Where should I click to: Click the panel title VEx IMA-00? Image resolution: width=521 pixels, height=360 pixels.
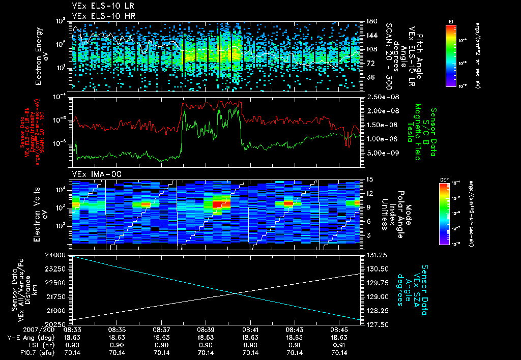tap(92, 174)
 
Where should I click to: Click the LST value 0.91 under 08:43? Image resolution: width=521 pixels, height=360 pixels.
tap(295, 345)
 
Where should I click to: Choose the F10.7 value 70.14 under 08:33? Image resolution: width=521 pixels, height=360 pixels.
tap(72, 352)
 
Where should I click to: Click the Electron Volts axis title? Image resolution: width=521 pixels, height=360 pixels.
tap(40, 211)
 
